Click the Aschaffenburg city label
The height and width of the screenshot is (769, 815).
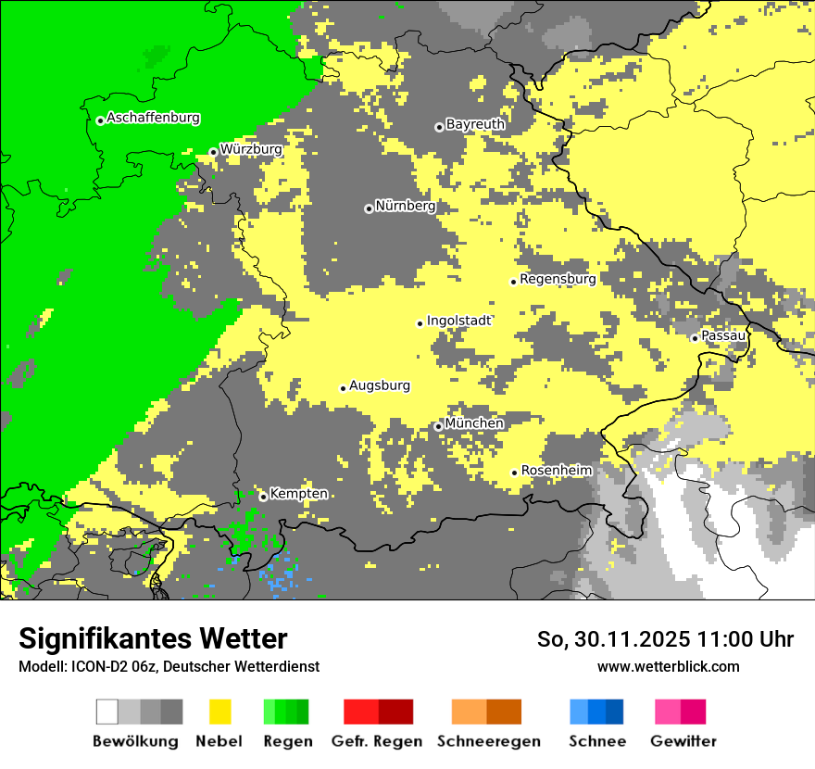click(153, 119)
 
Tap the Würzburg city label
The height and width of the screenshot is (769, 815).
click(251, 149)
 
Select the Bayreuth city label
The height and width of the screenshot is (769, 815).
click(475, 124)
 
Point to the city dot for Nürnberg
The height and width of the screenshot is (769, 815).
click(369, 208)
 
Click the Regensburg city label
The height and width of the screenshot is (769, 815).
click(558, 279)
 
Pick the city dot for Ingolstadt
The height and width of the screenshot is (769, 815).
click(420, 323)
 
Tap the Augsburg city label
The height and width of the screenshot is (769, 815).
click(379, 386)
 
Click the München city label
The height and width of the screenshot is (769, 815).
click(474, 423)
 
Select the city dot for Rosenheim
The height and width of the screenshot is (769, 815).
click(514, 473)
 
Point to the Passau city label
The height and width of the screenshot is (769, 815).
click(723, 335)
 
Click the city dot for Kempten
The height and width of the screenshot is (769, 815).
click(263, 497)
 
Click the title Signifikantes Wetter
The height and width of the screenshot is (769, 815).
click(153, 639)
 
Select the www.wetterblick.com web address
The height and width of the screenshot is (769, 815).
click(668, 666)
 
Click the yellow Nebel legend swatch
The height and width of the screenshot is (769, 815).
click(219, 712)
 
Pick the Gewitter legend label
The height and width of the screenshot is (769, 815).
click(683, 741)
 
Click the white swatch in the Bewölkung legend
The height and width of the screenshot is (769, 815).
click(107, 712)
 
